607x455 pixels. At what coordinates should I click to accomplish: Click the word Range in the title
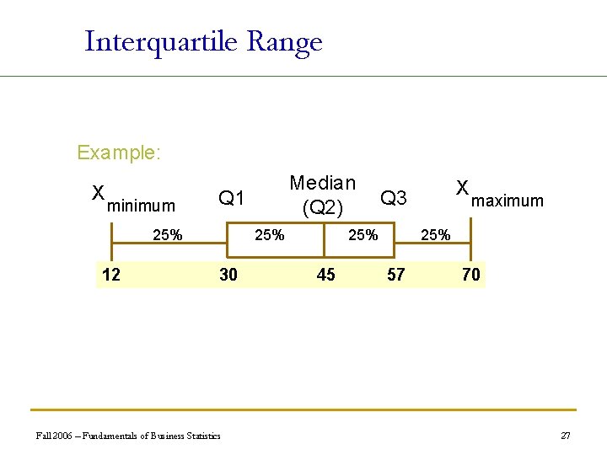click(x=285, y=42)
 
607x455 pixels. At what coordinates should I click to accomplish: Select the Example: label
click(x=119, y=153)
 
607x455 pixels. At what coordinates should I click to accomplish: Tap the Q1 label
click(x=231, y=199)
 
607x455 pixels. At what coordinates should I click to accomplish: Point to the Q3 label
click(x=394, y=198)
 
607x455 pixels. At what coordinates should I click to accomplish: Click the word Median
click(x=322, y=183)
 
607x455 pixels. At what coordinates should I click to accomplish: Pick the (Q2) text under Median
click(x=322, y=206)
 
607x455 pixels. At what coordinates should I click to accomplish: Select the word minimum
click(x=142, y=206)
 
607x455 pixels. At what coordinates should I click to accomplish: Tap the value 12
click(x=110, y=274)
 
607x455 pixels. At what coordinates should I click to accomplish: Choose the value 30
click(x=228, y=274)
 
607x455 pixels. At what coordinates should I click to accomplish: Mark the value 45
click(x=325, y=274)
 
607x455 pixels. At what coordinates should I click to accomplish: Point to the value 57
click(x=395, y=274)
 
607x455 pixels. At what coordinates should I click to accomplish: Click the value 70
click(x=470, y=274)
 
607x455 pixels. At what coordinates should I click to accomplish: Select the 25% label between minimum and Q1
click(x=167, y=235)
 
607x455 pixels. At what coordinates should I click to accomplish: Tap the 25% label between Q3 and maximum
click(x=435, y=235)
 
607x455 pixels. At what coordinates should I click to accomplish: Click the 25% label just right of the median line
click(x=363, y=235)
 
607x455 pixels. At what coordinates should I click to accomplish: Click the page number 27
click(x=566, y=436)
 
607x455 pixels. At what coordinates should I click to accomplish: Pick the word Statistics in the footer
click(x=201, y=436)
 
